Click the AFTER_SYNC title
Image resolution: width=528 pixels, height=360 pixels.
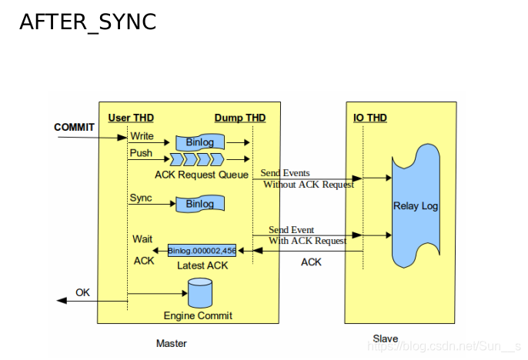coord(88,22)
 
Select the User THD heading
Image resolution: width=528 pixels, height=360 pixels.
coord(131,118)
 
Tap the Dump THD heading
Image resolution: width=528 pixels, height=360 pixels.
coord(240,118)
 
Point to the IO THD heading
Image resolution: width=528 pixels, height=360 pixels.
coord(370,118)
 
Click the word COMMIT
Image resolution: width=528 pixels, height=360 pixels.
coord(74,127)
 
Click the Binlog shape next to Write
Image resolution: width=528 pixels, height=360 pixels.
coord(200,142)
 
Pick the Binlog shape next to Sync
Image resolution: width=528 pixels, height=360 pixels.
coord(200,204)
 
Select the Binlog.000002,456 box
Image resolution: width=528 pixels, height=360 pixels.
coord(202,251)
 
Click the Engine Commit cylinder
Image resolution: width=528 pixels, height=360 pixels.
coord(200,293)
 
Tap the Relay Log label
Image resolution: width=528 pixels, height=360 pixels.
coord(416,206)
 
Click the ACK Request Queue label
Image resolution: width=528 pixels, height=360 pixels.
coord(202,175)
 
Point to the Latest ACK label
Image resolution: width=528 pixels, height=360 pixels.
coord(202,265)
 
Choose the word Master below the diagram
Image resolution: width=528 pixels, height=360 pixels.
coord(172,344)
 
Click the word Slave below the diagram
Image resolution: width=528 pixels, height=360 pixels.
coord(385,338)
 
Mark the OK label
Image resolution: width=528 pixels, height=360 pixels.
coord(82,293)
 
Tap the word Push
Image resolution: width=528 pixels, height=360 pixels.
coord(141,153)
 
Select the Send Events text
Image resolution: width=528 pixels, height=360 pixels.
coord(285,173)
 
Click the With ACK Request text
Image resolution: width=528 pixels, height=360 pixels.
coord(307,241)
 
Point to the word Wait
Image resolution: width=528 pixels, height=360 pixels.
coord(142,239)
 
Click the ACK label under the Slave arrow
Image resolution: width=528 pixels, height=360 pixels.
coord(311,262)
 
